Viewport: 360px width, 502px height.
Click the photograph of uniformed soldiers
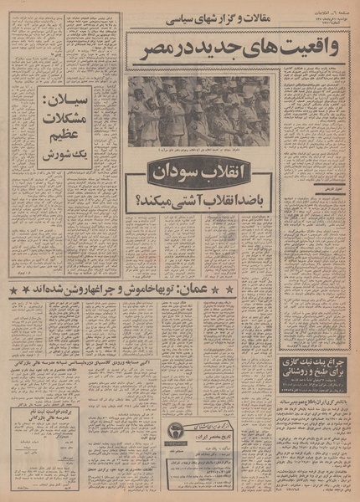pos(198,109)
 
